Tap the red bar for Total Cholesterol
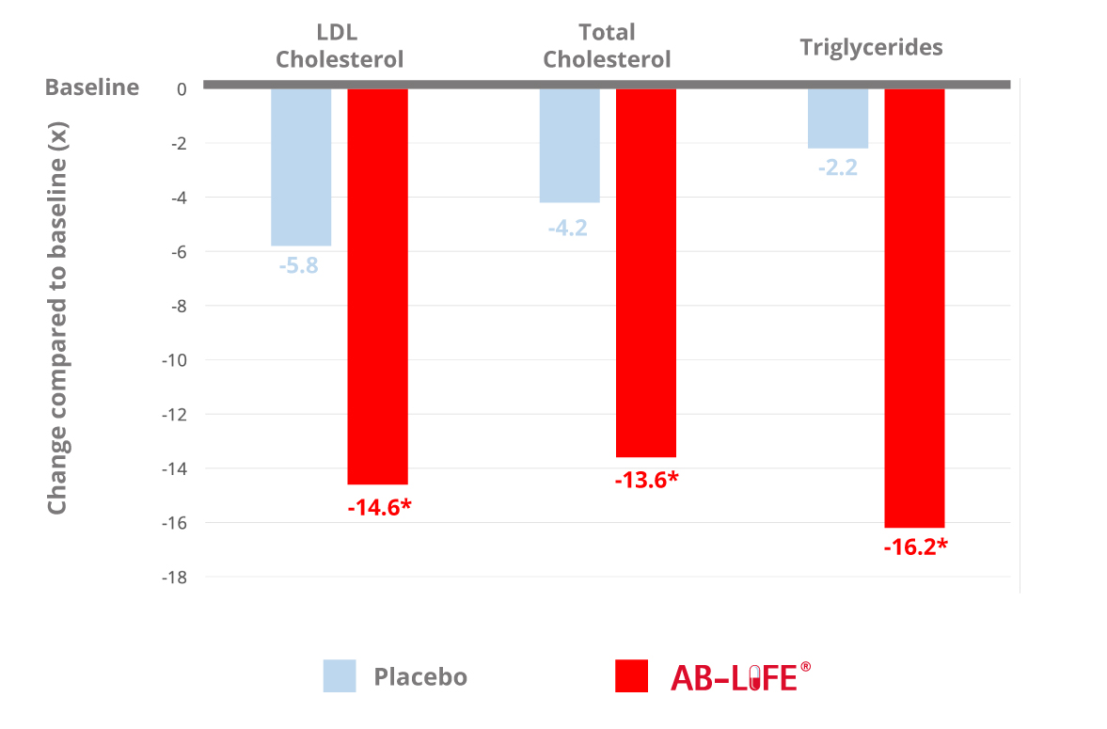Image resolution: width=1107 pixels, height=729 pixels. pyautogui.click(x=645, y=273)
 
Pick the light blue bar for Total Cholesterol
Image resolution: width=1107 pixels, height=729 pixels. pyautogui.click(x=569, y=145)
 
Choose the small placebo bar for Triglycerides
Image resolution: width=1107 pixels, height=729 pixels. pyautogui.click(x=837, y=118)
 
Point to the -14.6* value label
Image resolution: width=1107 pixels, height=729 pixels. pyautogui.click(x=380, y=507)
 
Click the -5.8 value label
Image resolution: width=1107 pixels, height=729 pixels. pyautogui.click(x=298, y=265)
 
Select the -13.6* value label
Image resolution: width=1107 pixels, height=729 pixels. pyautogui.click(x=646, y=480)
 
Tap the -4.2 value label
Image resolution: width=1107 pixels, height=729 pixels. pyautogui.click(x=567, y=227)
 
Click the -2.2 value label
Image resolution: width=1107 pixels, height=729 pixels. pyautogui.click(x=837, y=170)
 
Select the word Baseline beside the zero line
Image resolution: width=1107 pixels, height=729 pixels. pyautogui.click(x=92, y=88)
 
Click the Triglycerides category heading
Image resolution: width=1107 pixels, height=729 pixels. pyautogui.click(x=871, y=47)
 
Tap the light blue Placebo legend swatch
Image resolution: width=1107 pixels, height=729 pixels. pyautogui.click(x=340, y=676)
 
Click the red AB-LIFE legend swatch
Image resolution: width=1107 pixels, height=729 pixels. pyautogui.click(x=631, y=676)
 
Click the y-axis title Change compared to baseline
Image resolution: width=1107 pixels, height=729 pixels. pyautogui.click(x=58, y=320)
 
